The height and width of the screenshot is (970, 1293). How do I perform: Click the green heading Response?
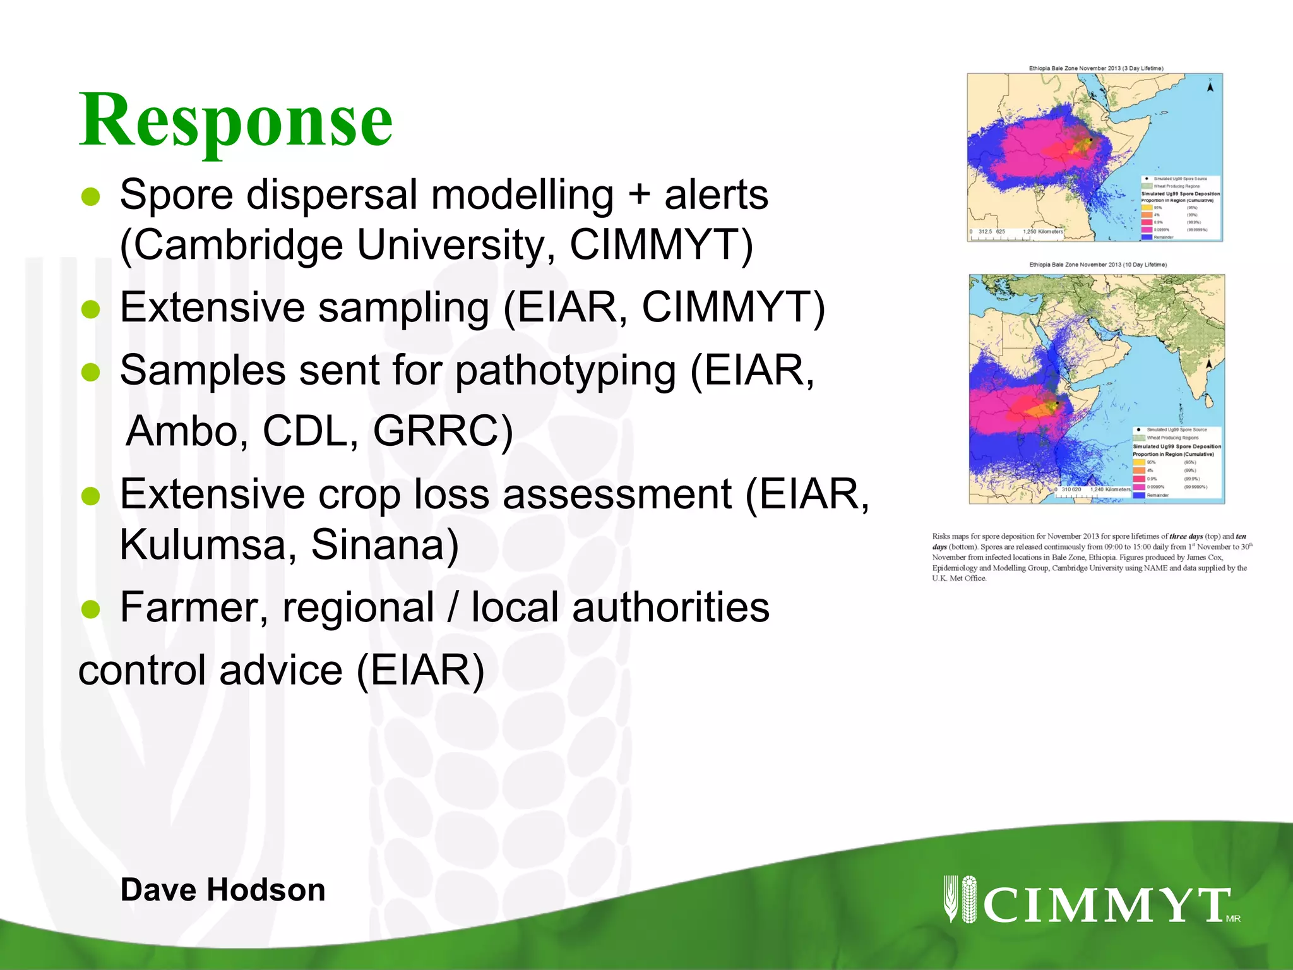tap(235, 120)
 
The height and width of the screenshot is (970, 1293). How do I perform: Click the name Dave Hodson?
tap(223, 890)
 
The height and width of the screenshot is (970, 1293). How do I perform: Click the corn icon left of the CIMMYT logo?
tap(960, 899)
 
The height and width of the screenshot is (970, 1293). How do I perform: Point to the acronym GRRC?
tap(442, 431)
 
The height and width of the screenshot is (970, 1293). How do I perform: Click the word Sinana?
tap(384, 544)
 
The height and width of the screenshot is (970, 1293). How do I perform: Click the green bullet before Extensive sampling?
tap(91, 309)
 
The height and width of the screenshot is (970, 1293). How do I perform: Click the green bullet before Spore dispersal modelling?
tap(91, 197)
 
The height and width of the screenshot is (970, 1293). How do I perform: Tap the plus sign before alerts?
tap(638, 195)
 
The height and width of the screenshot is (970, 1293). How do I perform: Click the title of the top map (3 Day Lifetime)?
tap(1096, 68)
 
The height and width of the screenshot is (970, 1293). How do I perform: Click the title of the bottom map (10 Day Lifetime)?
tap(1097, 265)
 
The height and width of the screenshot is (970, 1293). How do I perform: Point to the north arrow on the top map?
tap(1210, 87)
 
